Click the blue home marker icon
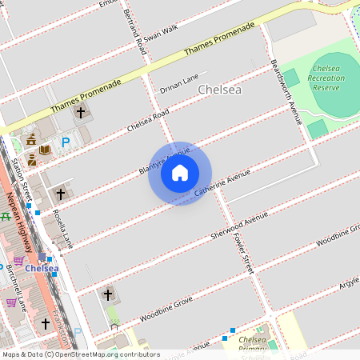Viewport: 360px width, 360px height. [180, 173]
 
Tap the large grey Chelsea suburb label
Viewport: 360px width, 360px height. [219, 90]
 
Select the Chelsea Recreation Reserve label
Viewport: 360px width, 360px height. [327, 78]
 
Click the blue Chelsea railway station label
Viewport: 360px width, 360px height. [40, 268]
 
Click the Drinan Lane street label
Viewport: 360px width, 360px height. [178, 83]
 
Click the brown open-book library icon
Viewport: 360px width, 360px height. [46, 150]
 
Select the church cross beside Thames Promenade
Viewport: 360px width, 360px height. [80, 113]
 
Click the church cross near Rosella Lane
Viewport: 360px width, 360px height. [59, 194]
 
